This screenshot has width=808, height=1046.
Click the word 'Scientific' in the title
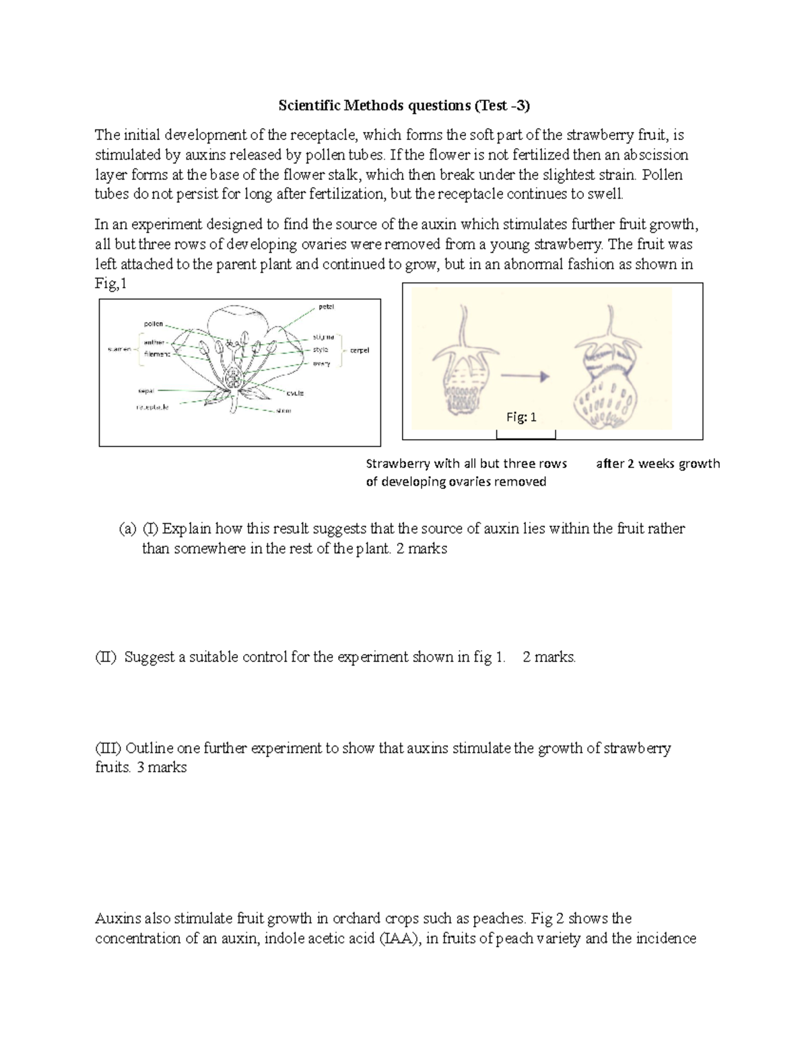[310, 106]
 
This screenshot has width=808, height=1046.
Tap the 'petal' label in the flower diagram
[326, 306]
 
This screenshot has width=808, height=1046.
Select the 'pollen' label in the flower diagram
[153, 324]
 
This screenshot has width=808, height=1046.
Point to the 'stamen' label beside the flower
[119, 350]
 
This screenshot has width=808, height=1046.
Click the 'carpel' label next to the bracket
[359, 350]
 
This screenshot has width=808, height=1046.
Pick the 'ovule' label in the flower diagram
[295, 393]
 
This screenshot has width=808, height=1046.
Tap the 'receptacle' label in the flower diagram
[152, 407]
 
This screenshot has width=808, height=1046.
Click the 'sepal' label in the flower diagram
[146, 391]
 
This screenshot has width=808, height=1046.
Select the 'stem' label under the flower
[283, 411]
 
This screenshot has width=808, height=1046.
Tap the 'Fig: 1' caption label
[521, 418]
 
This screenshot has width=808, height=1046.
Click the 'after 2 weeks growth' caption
[658, 463]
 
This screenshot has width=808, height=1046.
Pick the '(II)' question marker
[106, 657]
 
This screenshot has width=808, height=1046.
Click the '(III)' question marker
[108, 748]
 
